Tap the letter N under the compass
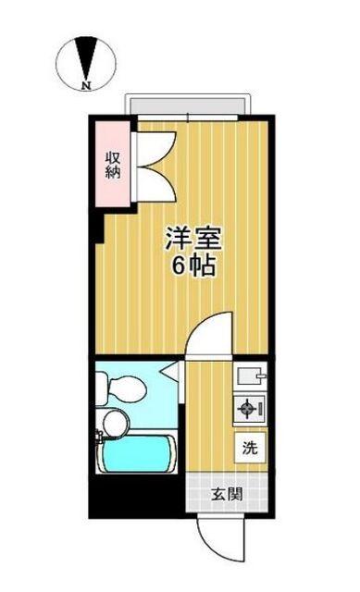(x=86, y=87)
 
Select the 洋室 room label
(x=192, y=237)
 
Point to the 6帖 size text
(x=193, y=267)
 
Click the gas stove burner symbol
(x=249, y=408)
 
